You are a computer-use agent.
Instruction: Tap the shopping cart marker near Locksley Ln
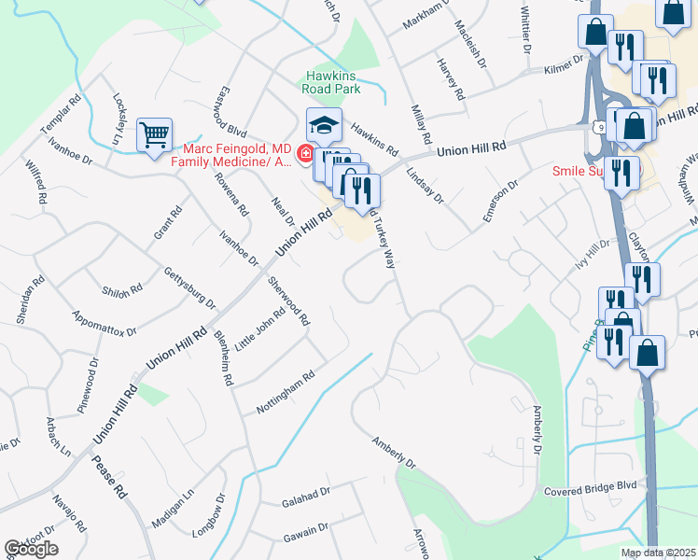pyautogui.click(x=154, y=133)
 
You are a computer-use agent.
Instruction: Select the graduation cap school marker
pyautogui.click(x=324, y=124)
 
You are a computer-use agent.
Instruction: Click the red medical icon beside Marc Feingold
pyautogui.click(x=305, y=153)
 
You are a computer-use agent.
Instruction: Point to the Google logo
pyautogui.click(x=31, y=549)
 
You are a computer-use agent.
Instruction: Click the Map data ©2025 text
pyautogui.click(x=659, y=553)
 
